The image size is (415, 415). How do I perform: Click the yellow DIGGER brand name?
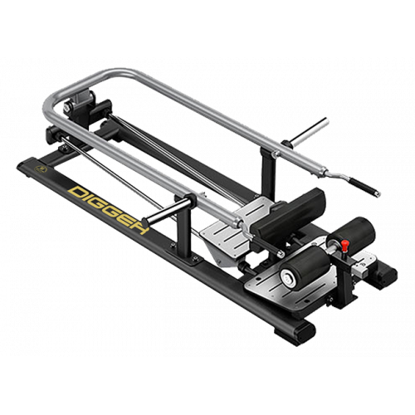(x=110, y=210)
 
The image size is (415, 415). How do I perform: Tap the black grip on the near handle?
(x=269, y=246)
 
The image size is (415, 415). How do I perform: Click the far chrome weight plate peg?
(x=309, y=132)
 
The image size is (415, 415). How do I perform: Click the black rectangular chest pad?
(x=288, y=214)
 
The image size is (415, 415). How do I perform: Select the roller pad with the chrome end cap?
(x=305, y=268)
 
